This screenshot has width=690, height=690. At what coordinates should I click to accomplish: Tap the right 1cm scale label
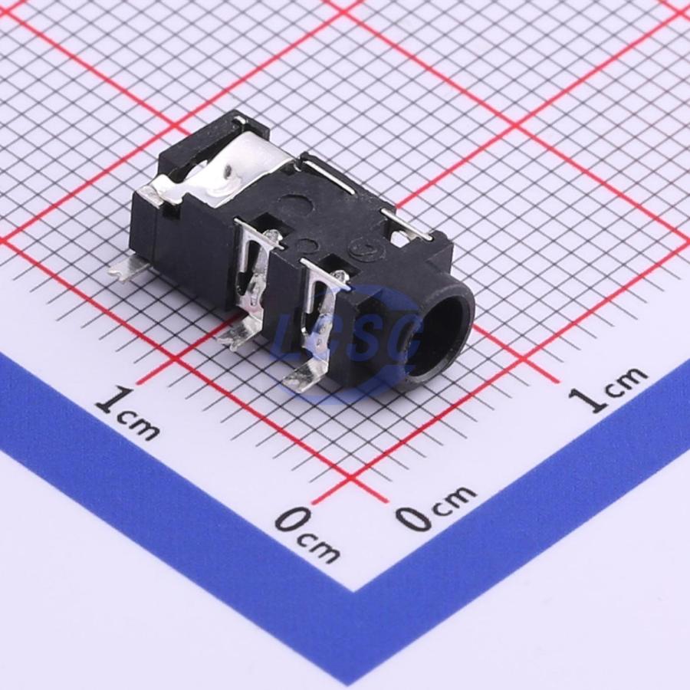[x=607, y=389]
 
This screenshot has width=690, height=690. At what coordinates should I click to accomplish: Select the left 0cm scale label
[x=307, y=534]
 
